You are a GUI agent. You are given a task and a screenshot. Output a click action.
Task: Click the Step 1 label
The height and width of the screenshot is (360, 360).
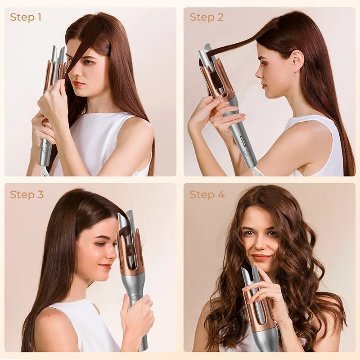click(26, 17)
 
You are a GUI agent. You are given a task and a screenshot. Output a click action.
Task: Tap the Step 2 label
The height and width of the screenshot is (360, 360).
click(206, 17)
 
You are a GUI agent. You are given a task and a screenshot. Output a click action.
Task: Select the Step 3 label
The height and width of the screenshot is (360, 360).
click(27, 194)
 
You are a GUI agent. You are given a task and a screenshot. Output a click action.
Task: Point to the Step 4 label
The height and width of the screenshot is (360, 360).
click(207, 194)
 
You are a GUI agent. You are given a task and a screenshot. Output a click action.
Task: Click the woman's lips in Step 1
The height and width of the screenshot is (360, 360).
click(79, 83)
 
